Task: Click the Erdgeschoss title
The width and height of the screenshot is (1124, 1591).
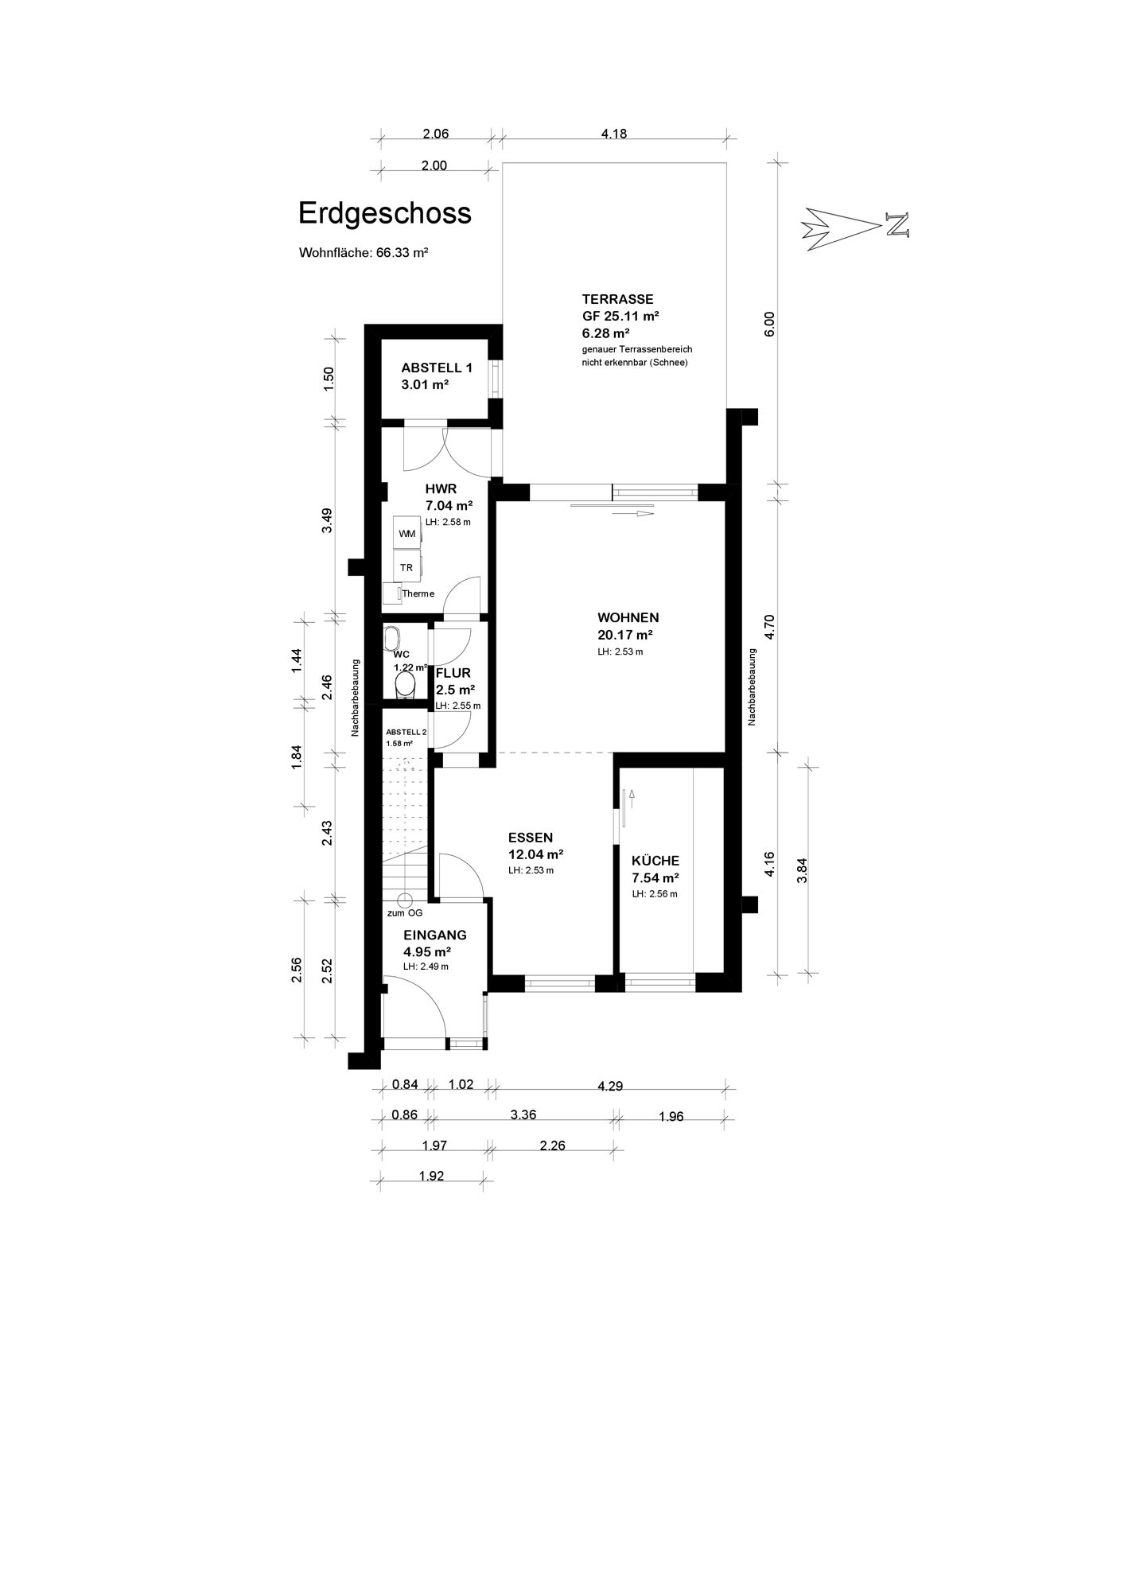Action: tap(384, 213)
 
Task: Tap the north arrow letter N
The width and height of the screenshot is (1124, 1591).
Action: tap(897, 224)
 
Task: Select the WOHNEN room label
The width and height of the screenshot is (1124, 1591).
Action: tap(628, 617)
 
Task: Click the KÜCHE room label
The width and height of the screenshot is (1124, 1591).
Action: tap(655, 861)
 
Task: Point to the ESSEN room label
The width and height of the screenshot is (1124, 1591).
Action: tap(531, 837)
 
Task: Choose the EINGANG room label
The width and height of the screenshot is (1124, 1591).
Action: tap(434, 936)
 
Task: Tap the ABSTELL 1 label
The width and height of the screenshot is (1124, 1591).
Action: tap(437, 368)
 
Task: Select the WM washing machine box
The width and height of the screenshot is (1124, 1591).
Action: tap(406, 534)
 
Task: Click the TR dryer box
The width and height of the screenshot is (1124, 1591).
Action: tap(406, 567)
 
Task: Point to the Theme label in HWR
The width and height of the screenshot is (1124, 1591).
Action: tap(418, 593)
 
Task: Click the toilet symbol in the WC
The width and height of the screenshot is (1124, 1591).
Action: tap(405, 687)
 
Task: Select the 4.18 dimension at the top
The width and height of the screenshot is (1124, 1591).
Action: tap(614, 134)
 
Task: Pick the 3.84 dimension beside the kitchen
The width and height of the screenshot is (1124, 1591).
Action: tap(803, 870)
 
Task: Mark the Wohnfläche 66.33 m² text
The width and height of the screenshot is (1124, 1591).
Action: tap(364, 253)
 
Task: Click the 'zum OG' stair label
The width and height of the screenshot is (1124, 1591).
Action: tap(405, 913)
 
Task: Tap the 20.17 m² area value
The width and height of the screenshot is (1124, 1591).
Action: tap(625, 635)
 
